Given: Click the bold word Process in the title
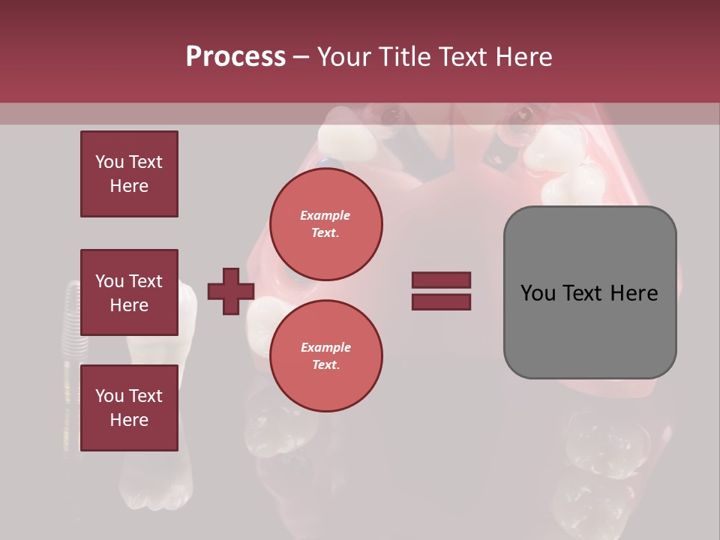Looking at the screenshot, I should click(235, 57).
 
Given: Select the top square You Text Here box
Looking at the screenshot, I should click(129, 174).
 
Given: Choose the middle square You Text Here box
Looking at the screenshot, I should click(129, 292).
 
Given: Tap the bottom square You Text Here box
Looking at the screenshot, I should click(129, 407).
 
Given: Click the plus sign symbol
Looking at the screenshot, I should click(231, 292).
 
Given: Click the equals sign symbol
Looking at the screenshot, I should click(441, 291).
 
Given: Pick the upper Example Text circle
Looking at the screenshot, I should click(326, 223).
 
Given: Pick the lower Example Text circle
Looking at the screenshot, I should click(326, 355).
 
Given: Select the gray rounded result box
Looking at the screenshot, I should click(589, 292).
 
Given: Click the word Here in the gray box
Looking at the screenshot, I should click(634, 293).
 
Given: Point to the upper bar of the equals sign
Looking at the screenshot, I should click(441, 280).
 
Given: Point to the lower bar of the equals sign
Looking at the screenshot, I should click(441, 301).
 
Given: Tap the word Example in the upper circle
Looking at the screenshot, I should click(325, 215).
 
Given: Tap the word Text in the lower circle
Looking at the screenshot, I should click(325, 364).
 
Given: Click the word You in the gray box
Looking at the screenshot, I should click(538, 293).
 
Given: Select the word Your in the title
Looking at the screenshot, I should click(344, 57).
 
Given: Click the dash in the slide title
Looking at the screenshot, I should click(301, 58).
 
